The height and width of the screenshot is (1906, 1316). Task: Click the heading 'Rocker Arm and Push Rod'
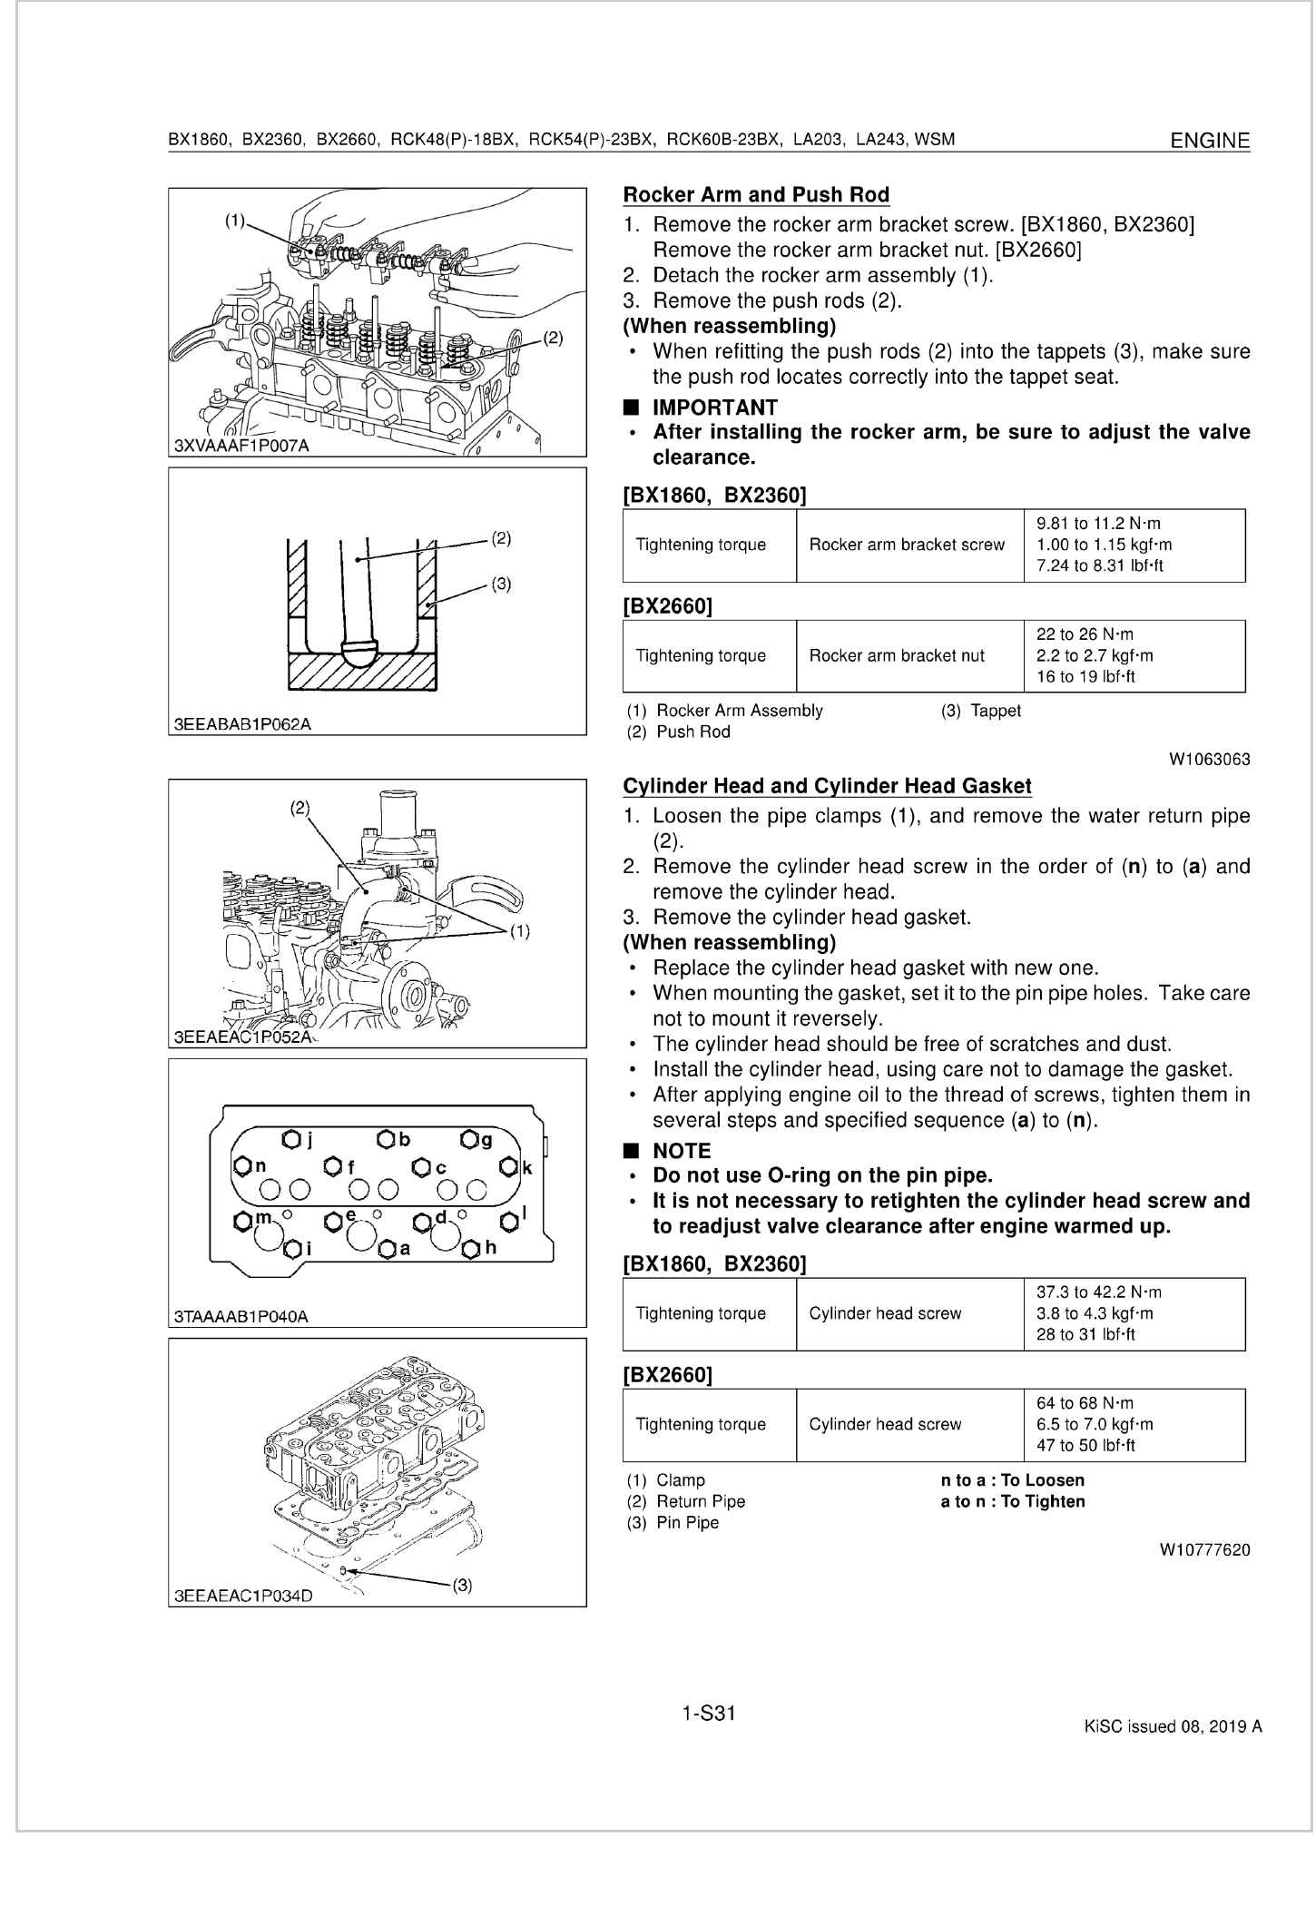tap(756, 194)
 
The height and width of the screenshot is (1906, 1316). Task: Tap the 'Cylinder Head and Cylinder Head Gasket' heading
tap(827, 786)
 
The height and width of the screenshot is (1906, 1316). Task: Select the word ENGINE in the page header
tap(1210, 141)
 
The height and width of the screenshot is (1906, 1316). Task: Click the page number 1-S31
tap(708, 1714)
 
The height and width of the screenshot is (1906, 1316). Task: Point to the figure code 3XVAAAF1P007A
tap(241, 446)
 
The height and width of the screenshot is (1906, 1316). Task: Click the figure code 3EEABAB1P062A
tap(241, 724)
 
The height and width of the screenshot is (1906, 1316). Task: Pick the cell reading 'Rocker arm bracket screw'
tap(907, 545)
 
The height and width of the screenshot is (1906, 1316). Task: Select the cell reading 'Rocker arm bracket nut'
tap(897, 655)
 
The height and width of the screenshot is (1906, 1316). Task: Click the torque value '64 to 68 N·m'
tap(1085, 1403)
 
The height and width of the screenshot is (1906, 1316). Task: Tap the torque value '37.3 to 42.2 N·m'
tap(1098, 1292)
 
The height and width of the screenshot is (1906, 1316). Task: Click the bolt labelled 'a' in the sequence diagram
tap(387, 1250)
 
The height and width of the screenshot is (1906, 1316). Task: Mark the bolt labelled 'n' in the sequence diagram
tap(242, 1165)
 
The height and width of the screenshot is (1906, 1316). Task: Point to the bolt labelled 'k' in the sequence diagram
tap(509, 1167)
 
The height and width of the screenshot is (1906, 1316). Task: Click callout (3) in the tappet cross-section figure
tap(501, 585)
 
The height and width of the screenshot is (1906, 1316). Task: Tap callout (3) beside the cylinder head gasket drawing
tap(462, 1586)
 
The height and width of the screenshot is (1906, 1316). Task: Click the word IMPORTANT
tap(715, 408)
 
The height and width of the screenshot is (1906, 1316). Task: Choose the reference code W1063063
tap(1210, 759)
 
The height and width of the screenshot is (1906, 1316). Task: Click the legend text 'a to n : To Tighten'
tap(1012, 1501)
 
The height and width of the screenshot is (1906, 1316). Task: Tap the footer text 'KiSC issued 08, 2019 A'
tap(1173, 1726)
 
